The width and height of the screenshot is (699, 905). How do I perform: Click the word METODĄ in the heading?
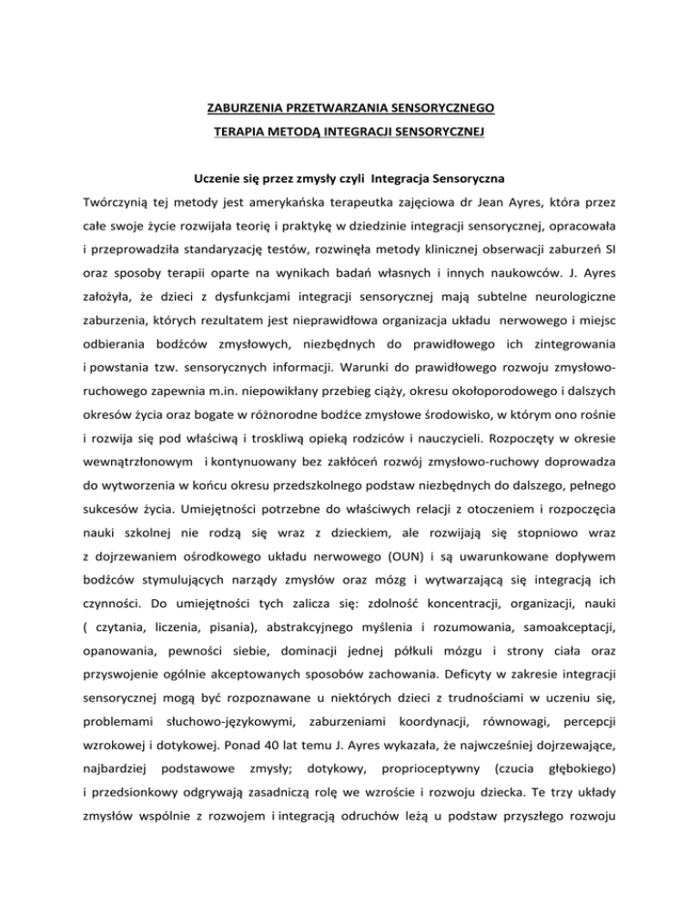(x=290, y=131)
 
